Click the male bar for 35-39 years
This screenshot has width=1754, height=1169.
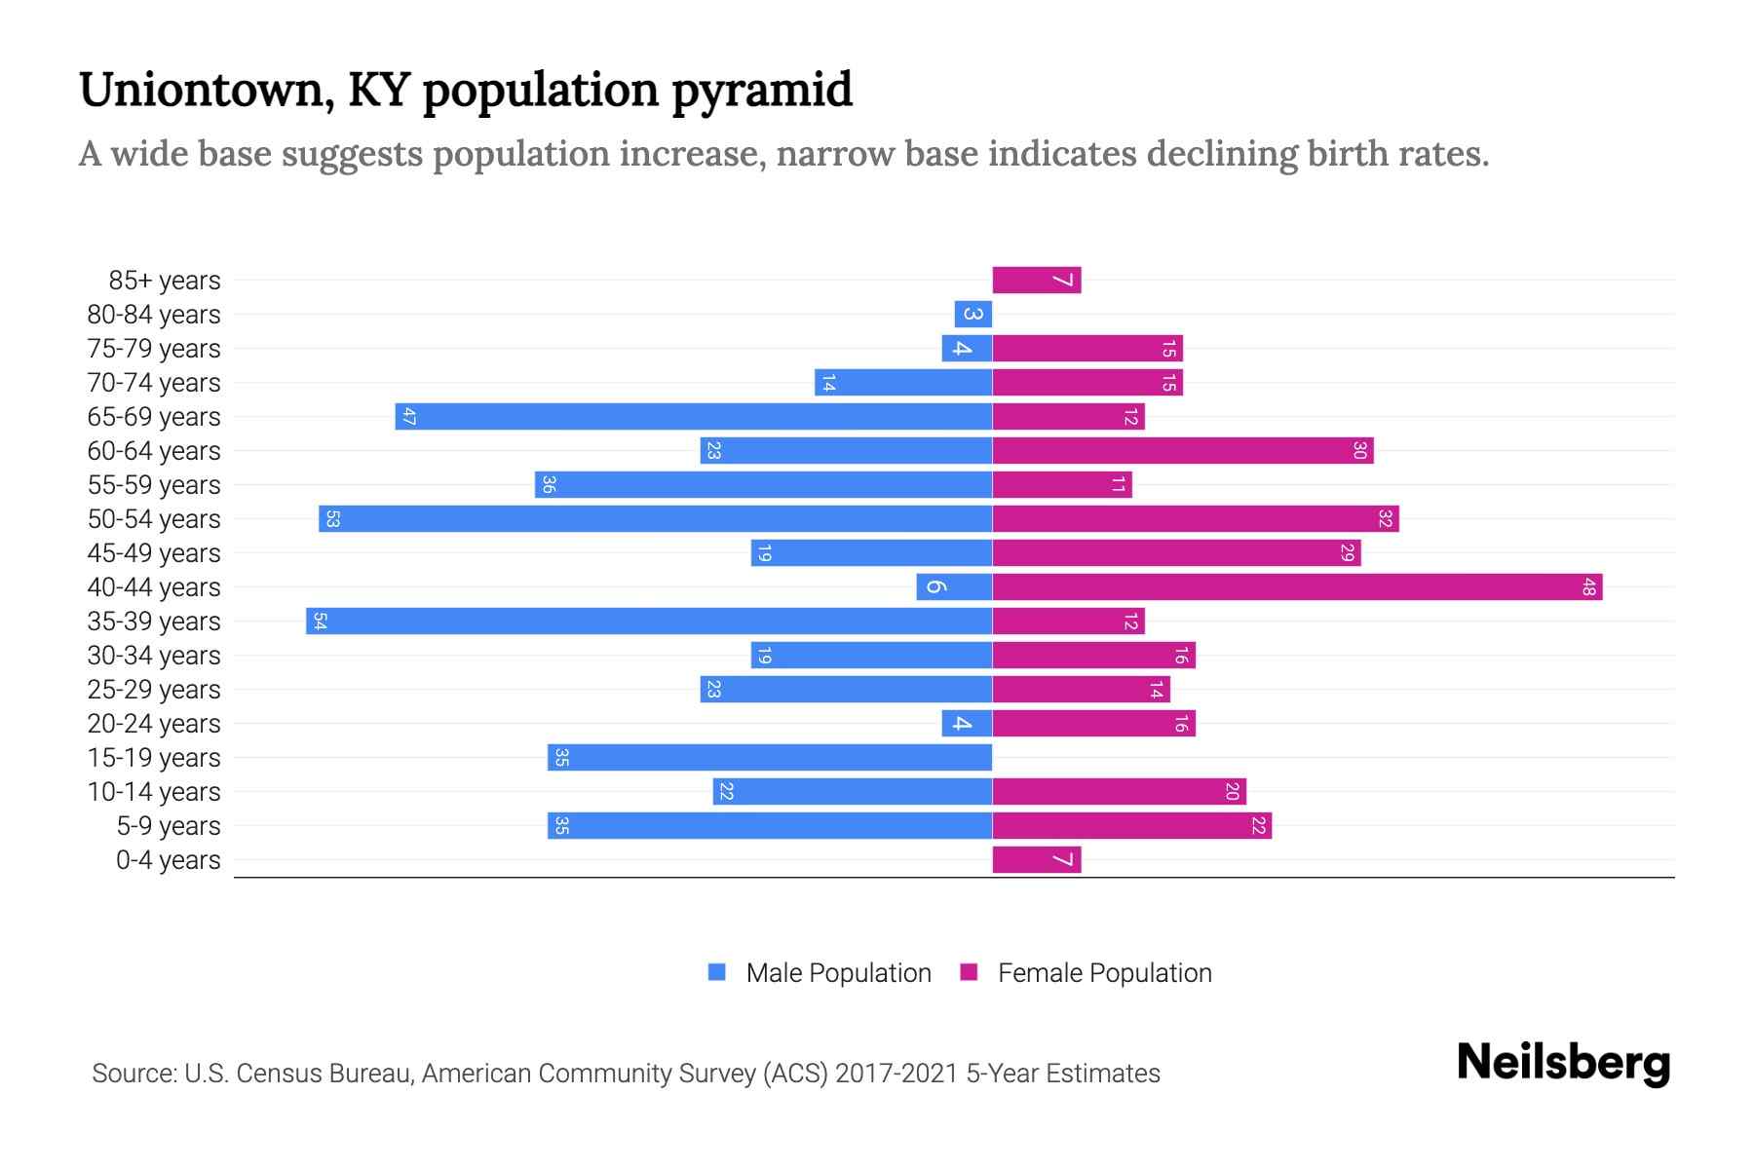point(649,621)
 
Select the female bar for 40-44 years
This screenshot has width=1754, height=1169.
point(1297,586)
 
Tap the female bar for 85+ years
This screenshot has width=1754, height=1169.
point(1037,280)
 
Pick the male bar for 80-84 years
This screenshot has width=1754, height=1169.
point(972,314)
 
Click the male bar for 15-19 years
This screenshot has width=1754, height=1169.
point(770,757)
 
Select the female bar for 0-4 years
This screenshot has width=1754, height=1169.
point(1037,859)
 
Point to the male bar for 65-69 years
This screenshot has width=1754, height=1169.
point(694,416)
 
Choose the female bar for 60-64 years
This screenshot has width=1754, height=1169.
point(1183,450)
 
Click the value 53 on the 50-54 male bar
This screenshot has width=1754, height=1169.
point(332,518)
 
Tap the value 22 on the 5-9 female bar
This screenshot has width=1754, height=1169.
point(1258,825)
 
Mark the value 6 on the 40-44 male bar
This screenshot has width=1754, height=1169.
point(934,586)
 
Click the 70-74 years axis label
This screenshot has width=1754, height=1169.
point(154,383)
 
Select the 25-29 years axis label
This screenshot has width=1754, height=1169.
point(154,690)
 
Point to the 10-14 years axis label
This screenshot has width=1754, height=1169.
point(154,792)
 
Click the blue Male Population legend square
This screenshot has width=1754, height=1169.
point(717,972)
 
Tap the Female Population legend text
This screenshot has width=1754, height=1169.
point(1104,972)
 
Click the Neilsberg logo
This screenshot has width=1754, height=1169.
point(1563,1062)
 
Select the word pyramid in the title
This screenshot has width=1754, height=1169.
point(762,90)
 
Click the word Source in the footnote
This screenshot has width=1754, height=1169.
point(133,1074)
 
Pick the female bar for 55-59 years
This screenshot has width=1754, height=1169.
point(1062,484)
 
